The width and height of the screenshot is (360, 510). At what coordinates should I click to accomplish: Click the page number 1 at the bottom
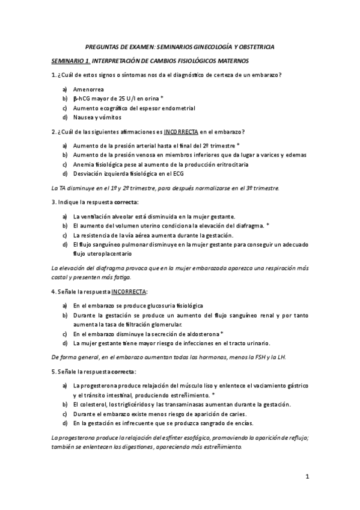pos(307,478)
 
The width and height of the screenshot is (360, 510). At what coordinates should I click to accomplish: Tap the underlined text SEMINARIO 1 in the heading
pos(70,61)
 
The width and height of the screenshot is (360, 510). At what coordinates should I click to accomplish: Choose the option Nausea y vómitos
pos(97,117)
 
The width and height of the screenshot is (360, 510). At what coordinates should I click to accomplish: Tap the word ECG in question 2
pos(188,173)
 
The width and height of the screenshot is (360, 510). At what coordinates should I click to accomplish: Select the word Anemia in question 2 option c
pos(84,164)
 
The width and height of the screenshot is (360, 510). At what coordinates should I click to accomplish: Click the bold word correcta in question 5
pos(124,370)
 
